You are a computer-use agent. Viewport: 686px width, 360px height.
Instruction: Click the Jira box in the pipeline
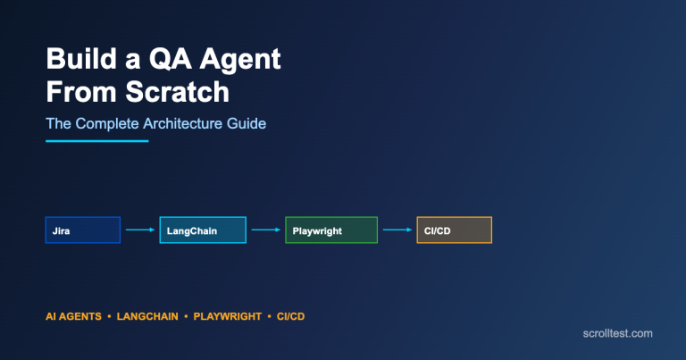point(82,230)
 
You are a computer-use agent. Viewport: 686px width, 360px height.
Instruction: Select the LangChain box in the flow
point(202,230)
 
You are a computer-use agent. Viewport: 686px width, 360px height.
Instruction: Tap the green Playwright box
point(330,230)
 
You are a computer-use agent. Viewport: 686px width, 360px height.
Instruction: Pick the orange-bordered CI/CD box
point(454,230)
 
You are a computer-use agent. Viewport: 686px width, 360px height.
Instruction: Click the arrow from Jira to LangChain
point(140,230)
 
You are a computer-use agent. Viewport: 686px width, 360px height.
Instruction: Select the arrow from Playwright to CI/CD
point(397,230)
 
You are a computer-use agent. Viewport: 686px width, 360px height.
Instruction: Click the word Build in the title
point(79,62)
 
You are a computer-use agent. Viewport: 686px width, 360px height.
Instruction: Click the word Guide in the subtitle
point(247,123)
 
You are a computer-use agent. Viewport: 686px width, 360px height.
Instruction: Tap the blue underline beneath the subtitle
point(96,141)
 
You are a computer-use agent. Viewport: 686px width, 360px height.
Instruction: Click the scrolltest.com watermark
point(616,333)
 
